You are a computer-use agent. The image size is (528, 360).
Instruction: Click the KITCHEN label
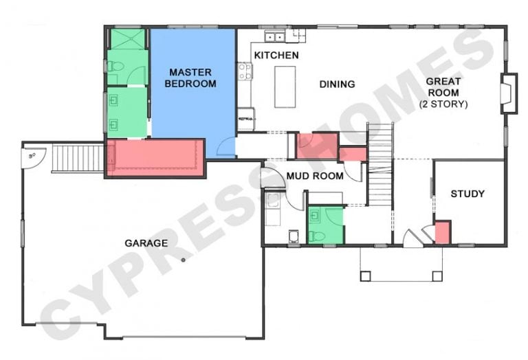[x=276, y=55]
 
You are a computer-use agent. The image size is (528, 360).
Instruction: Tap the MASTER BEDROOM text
[x=190, y=78]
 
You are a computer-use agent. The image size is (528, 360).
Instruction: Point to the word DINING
[x=337, y=84]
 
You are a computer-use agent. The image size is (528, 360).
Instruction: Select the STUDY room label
[x=467, y=194]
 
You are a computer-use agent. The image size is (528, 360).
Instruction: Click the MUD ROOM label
[x=315, y=176]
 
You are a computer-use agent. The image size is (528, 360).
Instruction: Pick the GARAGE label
[x=146, y=243]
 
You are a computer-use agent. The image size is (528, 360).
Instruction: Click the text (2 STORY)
[x=443, y=104]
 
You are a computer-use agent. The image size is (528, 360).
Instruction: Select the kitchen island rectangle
[x=285, y=87]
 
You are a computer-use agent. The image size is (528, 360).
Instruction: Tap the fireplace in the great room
[x=509, y=93]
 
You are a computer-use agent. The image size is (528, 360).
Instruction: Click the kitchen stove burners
[x=245, y=71]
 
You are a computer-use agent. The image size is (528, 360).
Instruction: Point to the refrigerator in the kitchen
[x=246, y=119]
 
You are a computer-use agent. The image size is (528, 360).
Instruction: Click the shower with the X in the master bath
[x=127, y=39]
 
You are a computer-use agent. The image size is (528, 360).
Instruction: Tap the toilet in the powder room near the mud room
[x=316, y=237]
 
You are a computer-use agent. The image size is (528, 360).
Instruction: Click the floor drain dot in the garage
[x=183, y=260]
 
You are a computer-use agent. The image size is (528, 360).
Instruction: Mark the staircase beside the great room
[x=380, y=164]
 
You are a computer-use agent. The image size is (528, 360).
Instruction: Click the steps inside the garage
[x=78, y=158]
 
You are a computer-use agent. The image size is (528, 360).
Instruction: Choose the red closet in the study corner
[x=443, y=232]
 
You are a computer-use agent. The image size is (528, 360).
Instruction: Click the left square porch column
[x=365, y=276]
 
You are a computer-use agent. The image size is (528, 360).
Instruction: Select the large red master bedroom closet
[x=155, y=157]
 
